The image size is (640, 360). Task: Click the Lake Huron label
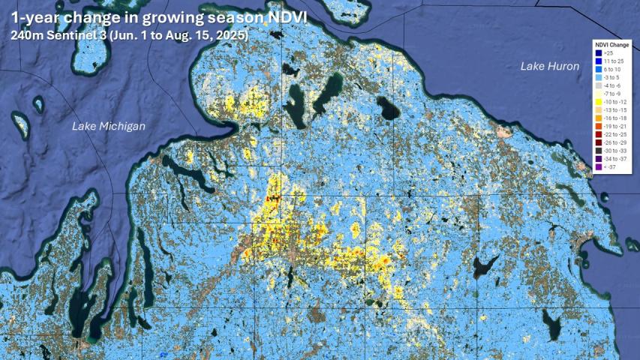coord(550,67)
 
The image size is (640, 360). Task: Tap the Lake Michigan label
coord(109,126)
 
